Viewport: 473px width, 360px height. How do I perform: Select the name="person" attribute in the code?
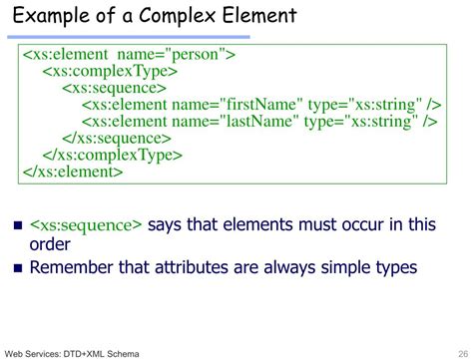pos(189,54)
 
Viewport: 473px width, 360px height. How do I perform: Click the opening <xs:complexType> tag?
pos(110,71)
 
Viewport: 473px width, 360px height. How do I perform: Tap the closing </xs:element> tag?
pos(73,171)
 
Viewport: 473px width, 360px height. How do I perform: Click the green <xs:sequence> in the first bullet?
pos(87,224)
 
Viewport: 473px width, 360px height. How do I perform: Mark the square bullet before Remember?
pos(17,268)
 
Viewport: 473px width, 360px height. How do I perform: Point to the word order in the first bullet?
pos(50,245)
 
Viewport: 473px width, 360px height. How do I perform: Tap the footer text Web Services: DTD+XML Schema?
pos(71,353)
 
